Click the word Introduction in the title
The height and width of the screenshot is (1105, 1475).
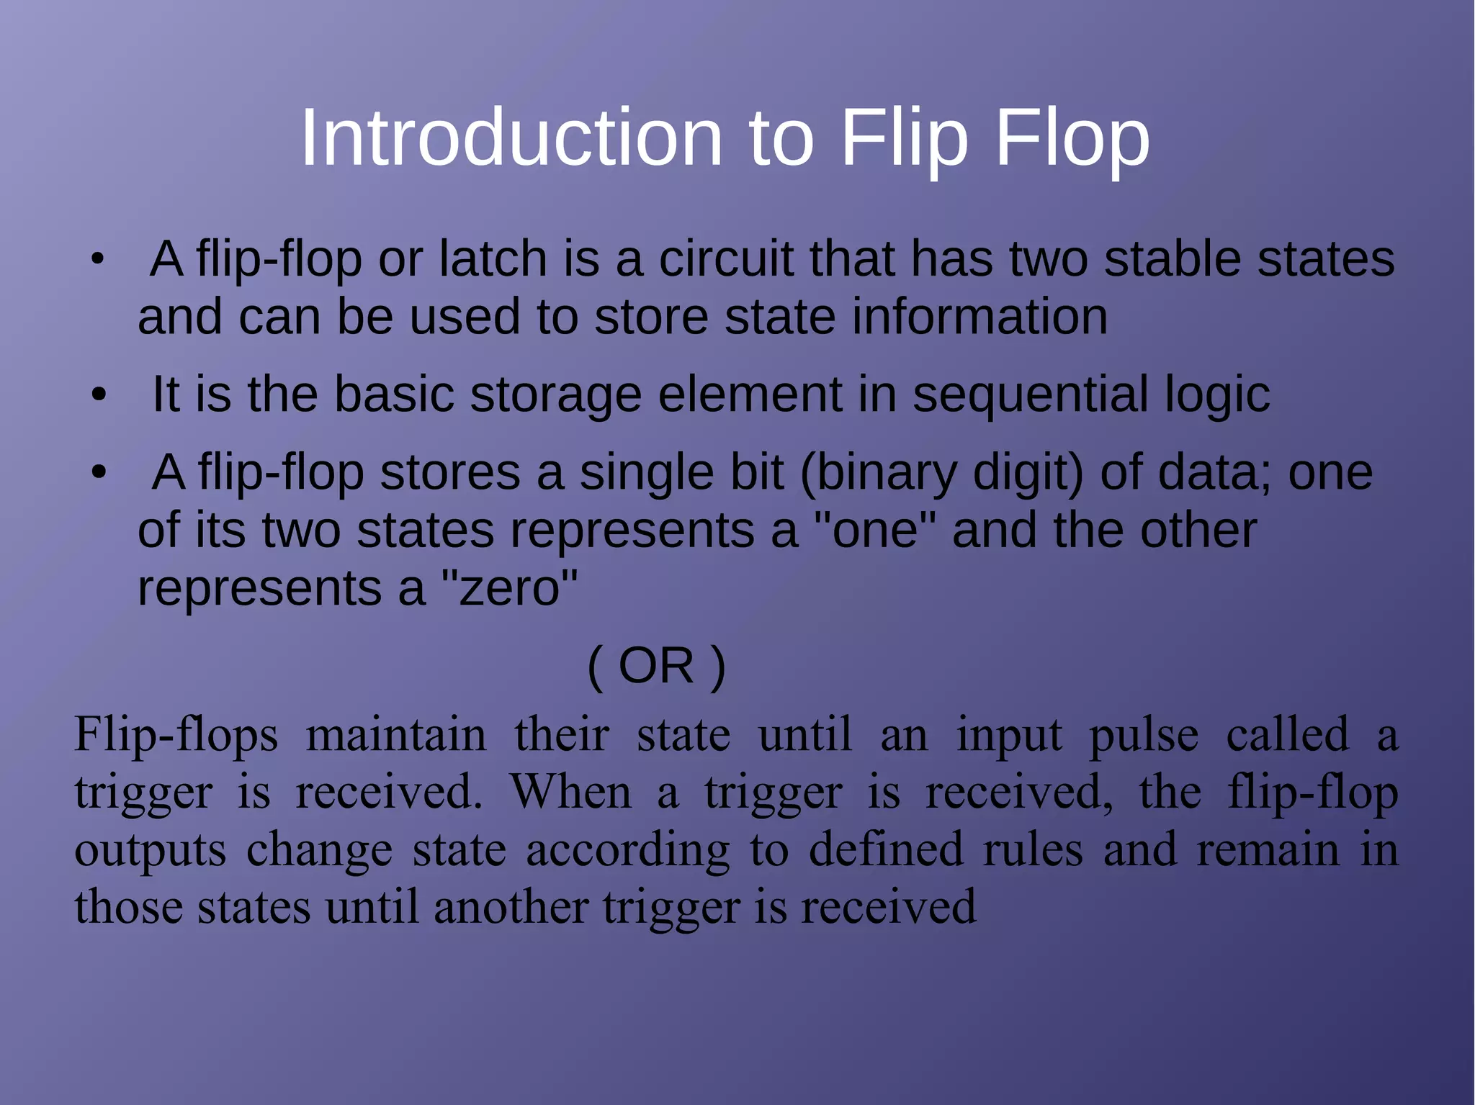(x=511, y=137)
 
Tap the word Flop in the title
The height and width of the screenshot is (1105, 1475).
(x=1072, y=137)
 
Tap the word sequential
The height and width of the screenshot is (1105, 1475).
(x=1030, y=395)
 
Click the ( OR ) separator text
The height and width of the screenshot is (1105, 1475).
(x=656, y=666)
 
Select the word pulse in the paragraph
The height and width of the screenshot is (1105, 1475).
(x=1143, y=736)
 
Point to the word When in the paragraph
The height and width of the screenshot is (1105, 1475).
(x=571, y=792)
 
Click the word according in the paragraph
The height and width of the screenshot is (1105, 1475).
(x=627, y=850)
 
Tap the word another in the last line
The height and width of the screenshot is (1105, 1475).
(x=511, y=906)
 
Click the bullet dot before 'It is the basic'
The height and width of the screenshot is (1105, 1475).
(x=99, y=395)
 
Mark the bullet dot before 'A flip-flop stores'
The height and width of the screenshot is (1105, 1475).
(x=99, y=473)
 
